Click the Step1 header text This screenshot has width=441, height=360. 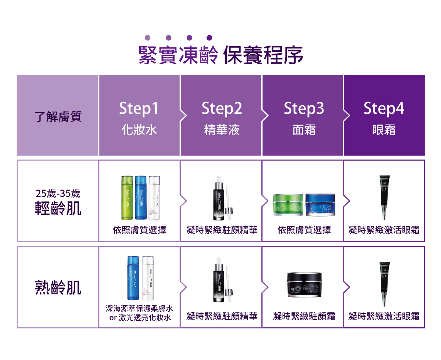tap(139, 108)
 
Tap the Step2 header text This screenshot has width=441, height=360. tap(222, 108)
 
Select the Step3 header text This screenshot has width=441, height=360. tap(304, 108)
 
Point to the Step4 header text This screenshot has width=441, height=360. tap(384, 108)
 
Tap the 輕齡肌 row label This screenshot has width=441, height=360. tap(58, 208)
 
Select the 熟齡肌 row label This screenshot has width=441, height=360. tap(58, 288)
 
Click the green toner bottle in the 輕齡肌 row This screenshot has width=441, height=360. tap(127, 197)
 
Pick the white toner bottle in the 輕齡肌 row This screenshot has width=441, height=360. tap(154, 197)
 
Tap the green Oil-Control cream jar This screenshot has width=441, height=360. tap(288, 205)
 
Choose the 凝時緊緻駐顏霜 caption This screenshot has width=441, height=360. tap(304, 316)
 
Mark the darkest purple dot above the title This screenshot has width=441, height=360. tap(209, 37)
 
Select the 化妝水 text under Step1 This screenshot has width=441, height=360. tap(139, 130)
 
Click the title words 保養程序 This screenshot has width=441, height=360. tap(263, 56)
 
